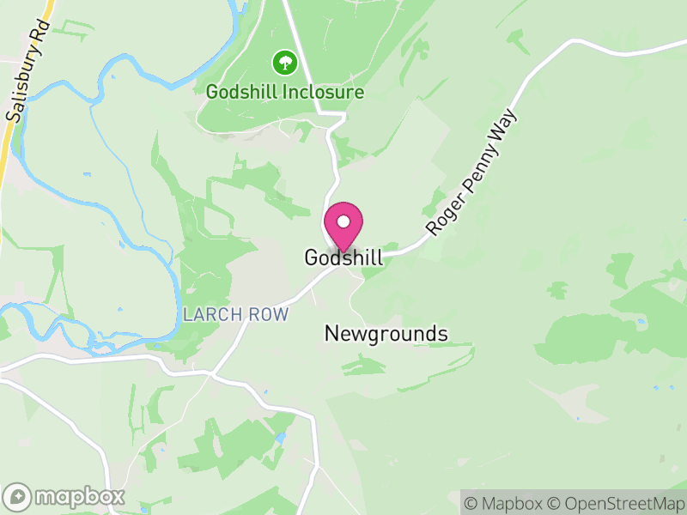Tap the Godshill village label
pyautogui.click(x=343, y=257)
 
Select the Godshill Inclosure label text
pyautogui.click(x=285, y=92)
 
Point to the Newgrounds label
pyautogui.click(x=386, y=333)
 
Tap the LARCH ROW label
pyautogui.click(x=236, y=314)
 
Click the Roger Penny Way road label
pyautogui.click(x=474, y=172)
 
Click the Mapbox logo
pyautogui.click(x=65, y=496)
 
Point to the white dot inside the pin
pyautogui.click(x=343, y=221)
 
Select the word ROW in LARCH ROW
pyautogui.click(x=268, y=314)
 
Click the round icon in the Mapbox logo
pyautogui.click(x=18, y=497)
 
